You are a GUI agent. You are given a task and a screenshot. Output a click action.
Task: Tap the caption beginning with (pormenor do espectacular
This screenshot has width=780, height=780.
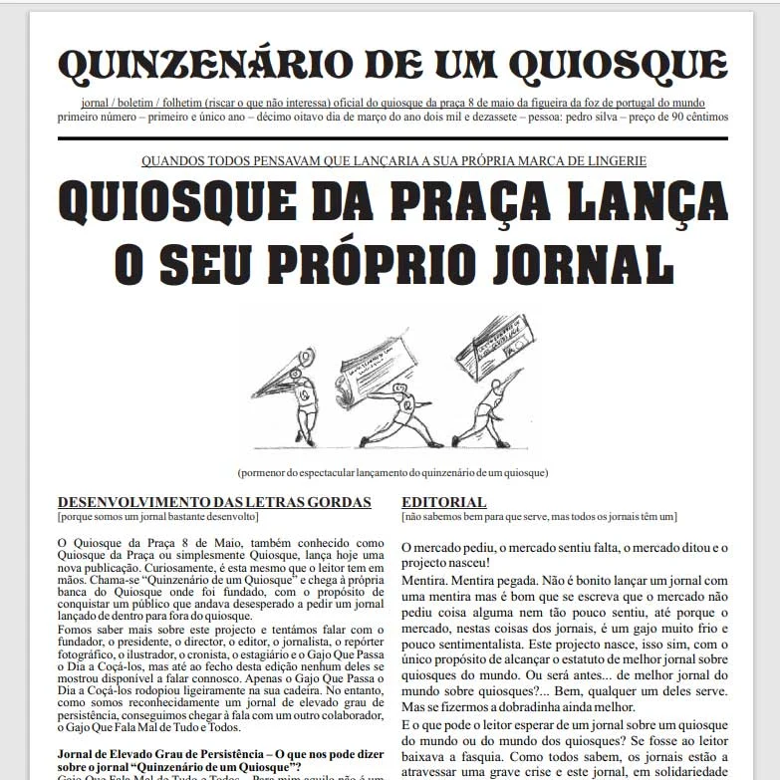(392, 472)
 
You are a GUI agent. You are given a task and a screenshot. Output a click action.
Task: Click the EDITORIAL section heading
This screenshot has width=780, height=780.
(444, 503)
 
